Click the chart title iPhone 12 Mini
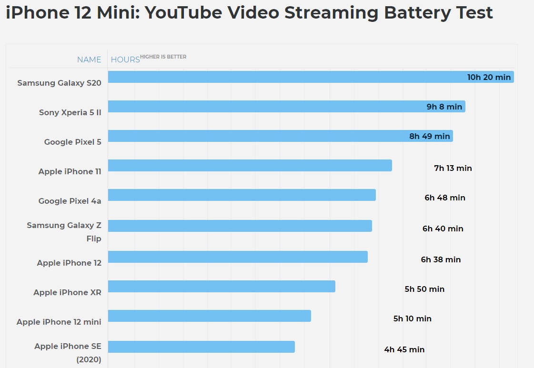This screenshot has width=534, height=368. [x=249, y=13]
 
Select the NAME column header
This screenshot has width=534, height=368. [x=89, y=60]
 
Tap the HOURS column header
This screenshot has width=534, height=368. [x=125, y=60]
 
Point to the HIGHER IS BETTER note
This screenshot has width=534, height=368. [x=163, y=57]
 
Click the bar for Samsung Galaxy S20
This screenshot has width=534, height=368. [x=286, y=77]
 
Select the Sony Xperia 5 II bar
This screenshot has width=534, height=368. [x=267, y=107]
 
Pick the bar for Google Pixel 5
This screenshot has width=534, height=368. [x=257, y=136]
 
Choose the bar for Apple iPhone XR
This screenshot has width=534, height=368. [x=222, y=286]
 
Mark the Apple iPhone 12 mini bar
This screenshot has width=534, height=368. [x=209, y=316]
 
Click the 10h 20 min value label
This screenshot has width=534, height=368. [x=489, y=77]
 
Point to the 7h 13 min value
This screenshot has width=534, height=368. [x=453, y=168]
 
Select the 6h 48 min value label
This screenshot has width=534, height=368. [x=445, y=198]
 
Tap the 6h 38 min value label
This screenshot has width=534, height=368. [x=441, y=259]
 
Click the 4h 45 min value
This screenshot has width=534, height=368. [x=404, y=349]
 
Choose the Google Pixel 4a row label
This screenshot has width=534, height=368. [x=70, y=201]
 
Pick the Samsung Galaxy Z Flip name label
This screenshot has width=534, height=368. [x=64, y=231]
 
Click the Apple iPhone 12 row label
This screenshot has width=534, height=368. [x=69, y=263]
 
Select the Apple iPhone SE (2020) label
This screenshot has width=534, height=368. [x=68, y=353]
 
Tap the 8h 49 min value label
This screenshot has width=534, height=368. [x=430, y=136]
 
